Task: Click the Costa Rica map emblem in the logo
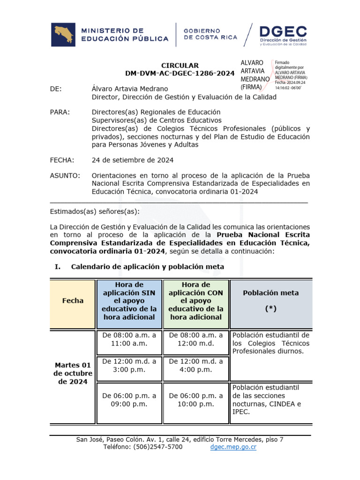tap(63, 35)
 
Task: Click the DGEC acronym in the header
tap(283, 32)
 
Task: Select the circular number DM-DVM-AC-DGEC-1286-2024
tap(180, 74)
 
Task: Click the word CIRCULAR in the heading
tap(180, 66)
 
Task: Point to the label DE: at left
tap(56, 89)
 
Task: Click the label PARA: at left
tap(60, 112)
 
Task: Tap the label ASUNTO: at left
tap(65, 176)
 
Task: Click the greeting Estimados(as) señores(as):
tap(94, 210)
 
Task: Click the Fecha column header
tap(73, 301)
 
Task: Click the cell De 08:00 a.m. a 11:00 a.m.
tap(129, 339)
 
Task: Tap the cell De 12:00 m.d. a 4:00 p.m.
tap(196, 365)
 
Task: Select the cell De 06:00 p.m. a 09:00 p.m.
tap(129, 399)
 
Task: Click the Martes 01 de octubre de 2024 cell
tap(73, 373)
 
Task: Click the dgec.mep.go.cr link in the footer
tap(233, 447)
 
